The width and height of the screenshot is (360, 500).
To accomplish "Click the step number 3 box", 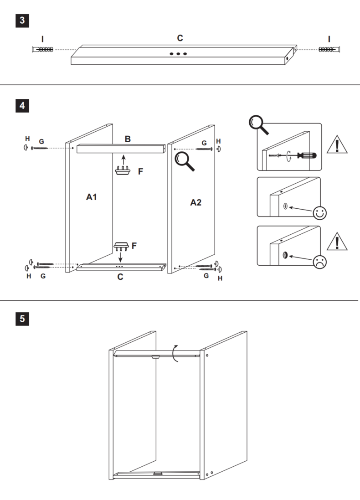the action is [22, 21].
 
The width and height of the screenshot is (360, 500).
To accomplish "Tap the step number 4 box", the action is [22, 106].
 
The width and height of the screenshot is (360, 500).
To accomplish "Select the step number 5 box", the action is [22, 319].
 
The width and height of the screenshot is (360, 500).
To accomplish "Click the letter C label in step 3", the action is [180, 38].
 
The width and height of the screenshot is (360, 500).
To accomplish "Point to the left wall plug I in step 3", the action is [42, 49].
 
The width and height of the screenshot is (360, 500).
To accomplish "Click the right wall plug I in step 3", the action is [329, 49].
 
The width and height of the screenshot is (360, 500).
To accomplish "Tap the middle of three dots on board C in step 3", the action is [178, 54].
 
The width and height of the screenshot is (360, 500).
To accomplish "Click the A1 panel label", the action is [91, 197].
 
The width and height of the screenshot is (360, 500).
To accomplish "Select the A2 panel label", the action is [196, 202].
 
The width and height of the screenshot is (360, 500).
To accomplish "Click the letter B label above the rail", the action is [128, 139].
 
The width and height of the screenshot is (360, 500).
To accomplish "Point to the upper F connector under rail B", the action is [123, 170].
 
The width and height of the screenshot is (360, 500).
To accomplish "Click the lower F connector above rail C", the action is [121, 246].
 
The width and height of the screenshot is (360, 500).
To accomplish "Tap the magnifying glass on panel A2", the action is [184, 161].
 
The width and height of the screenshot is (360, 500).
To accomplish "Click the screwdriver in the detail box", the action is [306, 155].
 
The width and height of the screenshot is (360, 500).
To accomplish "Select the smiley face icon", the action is [320, 213].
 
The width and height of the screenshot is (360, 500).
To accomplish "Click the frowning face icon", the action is [319, 262].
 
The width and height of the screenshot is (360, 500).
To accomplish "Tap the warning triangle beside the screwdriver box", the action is [337, 144].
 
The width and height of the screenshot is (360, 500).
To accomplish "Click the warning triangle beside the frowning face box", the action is [337, 242].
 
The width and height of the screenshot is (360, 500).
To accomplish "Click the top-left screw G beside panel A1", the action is [40, 148].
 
